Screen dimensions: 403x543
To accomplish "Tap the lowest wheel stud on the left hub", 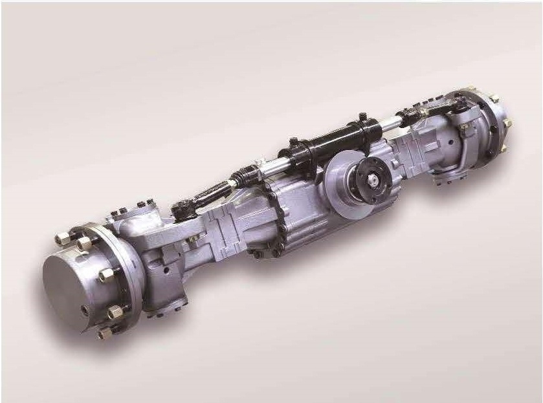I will pyautogui.click(x=103, y=334).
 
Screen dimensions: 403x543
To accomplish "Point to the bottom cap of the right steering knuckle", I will pyautogui.click(x=447, y=176).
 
